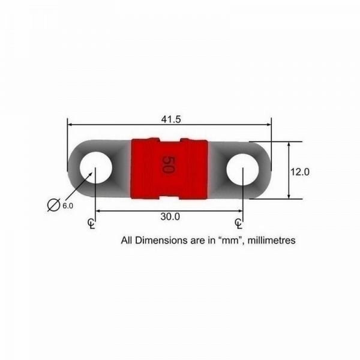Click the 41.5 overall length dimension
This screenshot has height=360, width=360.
pos(171,119)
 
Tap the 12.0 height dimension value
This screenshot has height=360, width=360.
pos(300,172)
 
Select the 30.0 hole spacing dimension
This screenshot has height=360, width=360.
pos(170,217)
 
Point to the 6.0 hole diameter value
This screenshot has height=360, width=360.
pos(68,206)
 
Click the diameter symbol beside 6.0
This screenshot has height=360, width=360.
pos(53,204)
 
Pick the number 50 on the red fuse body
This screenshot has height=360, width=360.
pos(168,164)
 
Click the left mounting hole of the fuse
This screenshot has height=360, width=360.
pos(96,167)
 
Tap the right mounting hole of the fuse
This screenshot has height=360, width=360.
pos(242,169)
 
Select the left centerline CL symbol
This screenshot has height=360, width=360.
pos(92,224)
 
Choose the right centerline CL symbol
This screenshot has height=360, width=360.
pos(239,224)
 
